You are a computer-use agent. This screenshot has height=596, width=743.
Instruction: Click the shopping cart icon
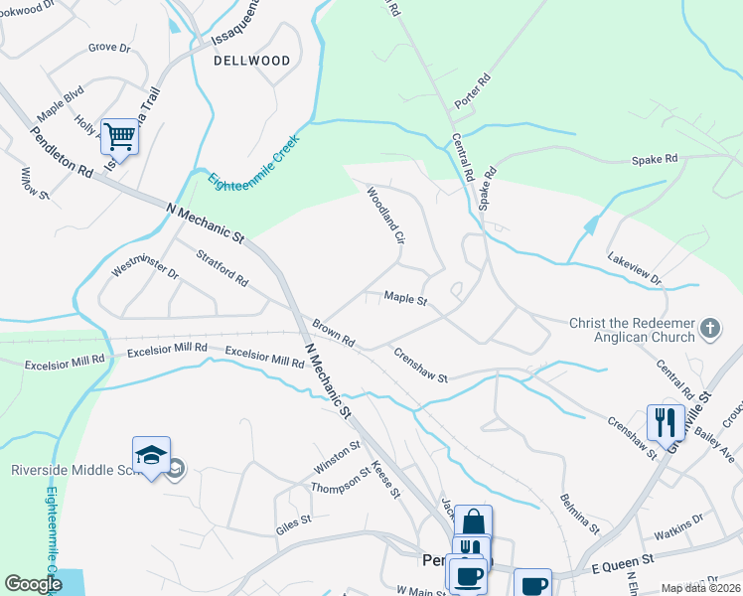(x=119, y=137)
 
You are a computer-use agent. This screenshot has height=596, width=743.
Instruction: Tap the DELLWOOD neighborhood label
(x=252, y=61)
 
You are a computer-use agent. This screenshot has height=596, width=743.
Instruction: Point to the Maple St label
(x=405, y=298)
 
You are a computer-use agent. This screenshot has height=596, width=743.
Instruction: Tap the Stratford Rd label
(x=222, y=267)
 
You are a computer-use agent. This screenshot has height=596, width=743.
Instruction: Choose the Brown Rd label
(x=333, y=333)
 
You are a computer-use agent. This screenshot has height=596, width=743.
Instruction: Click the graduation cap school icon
(x=151, y=456)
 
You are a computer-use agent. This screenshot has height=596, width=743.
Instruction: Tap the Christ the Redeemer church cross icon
(x=710, y=328)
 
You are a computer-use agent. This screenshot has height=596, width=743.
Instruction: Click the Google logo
(x=33, y=584)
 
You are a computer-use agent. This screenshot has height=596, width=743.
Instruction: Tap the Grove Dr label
(x=109, y=47)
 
